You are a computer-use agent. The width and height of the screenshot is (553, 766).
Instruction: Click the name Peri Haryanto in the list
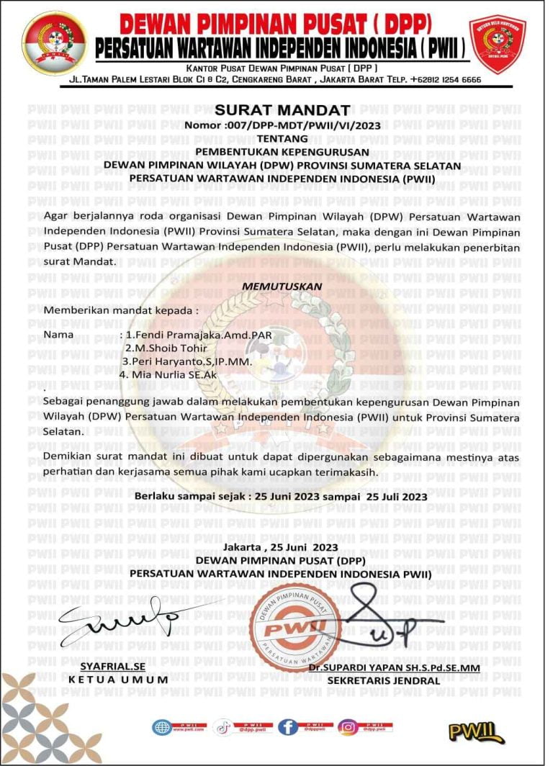tap(186, 361)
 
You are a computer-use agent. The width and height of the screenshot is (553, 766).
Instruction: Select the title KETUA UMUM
tap(107, 680)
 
